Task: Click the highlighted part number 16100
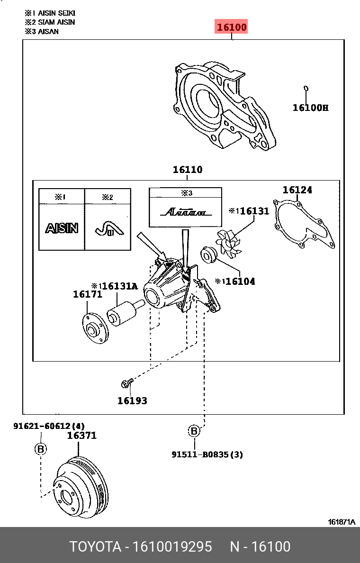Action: [x=232, y=27]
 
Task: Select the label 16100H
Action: [x=310, y=108]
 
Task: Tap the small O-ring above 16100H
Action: [x=306, y=88]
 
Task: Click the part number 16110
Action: [x=187, y=170]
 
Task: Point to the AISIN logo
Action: [x=62, y=228]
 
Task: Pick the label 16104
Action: [x=240, y=281]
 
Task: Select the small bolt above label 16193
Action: [x=126, y=381]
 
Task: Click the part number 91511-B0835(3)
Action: [x=207, y=454]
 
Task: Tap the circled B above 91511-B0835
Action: [x=194, y=431]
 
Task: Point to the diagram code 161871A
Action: [x=342, y=522]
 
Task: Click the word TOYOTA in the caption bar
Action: [x=95, y=547]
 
